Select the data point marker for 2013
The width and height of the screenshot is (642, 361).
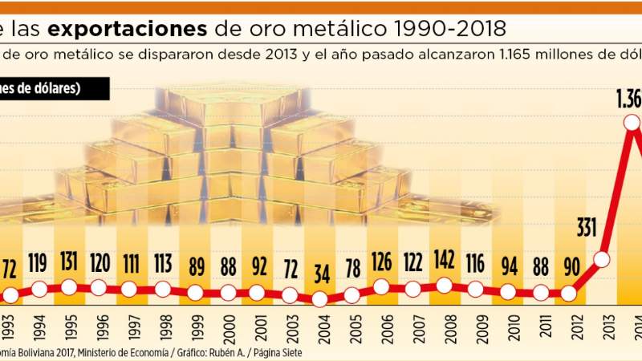601,259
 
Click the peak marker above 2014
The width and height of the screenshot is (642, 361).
631,122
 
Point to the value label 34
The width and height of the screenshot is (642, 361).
320,272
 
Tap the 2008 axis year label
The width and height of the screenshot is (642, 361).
444,331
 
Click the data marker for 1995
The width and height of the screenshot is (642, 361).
69,287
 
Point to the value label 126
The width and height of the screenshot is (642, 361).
381,263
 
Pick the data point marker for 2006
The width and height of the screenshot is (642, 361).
381,287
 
